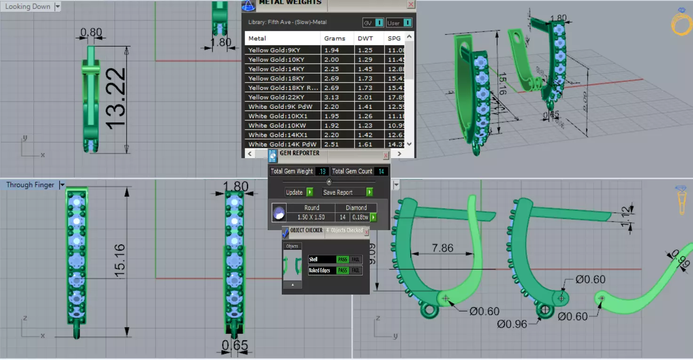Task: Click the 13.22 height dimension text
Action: [x=115, y=98]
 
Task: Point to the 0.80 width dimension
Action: [x=91, y=32]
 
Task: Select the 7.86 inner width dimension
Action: [x=442, y=248]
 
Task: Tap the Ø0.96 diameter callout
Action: [x=512, y=324]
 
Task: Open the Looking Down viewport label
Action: [x=28, y=7]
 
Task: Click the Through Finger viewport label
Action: [x=30, y=185]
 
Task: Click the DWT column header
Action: [x=365, y=38]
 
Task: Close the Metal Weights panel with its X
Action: [x=411, y=4]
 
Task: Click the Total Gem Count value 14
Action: [x=381, y=171]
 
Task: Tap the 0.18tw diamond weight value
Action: [x=360, y=217]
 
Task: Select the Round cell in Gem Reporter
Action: [x=311, y=208]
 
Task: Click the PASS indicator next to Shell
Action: [x=342, y=259]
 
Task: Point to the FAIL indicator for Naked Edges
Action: [x=356, y=271]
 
